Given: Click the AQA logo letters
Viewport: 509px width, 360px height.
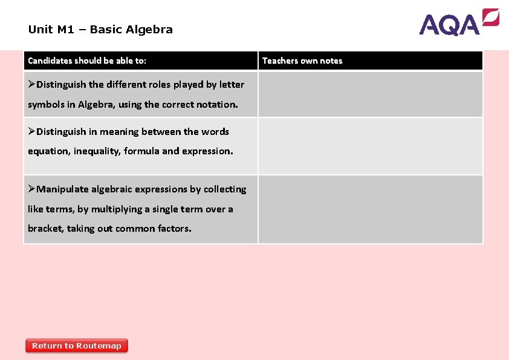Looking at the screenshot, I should tap(450, 25).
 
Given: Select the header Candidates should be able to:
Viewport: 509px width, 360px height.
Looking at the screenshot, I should tap(87, 61).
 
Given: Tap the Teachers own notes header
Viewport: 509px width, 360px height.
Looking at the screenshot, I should tap(302, 61).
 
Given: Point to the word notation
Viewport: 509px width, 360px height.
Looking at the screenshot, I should tap(218, 104).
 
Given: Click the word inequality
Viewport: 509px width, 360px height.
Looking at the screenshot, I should tap(97, 151).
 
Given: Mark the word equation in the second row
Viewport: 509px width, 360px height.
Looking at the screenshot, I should tap(48, 151).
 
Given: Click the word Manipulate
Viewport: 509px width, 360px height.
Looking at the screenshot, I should tap(63, 189).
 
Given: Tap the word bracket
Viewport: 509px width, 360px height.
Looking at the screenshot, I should tap(45, 229).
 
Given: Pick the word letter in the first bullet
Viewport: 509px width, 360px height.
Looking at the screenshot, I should tap(230, 85).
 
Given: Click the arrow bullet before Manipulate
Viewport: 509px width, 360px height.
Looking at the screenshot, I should tap(32, 189).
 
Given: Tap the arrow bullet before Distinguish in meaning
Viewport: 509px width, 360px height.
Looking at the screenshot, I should tap(32, 131).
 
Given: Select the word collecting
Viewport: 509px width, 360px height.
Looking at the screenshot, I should tap(225, 189).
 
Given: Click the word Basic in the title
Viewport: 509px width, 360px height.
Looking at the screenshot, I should tap(106, 29).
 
